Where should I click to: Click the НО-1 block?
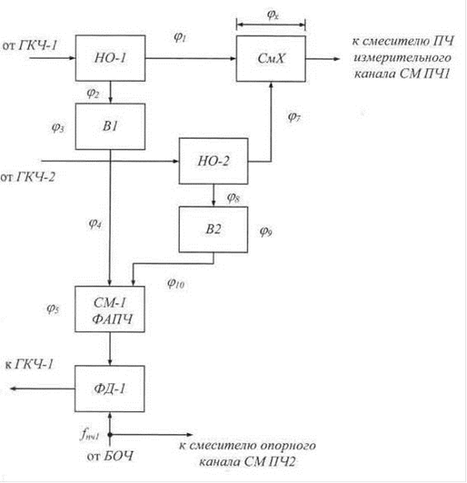point(111,58)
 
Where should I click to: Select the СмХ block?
point(271,59)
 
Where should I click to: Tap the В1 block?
point(111,126)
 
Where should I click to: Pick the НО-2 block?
point(214,161)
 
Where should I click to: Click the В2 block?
point(214,230)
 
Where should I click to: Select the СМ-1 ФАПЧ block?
point(110,309)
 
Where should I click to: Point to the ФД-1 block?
point(110,388)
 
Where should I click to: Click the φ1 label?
point(180,37)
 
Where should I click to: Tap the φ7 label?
point(294,116)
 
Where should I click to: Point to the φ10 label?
point(176,283)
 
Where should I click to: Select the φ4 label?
point(95,223)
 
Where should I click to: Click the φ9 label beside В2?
point(266,230)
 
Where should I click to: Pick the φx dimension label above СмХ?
point(273,14)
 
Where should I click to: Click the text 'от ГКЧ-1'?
point(30,45)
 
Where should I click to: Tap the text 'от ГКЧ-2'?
point(28,178)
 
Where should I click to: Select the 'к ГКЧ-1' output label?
point(29,364)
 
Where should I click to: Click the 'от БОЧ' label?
point(111,456)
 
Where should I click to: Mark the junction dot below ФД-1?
point(110,434)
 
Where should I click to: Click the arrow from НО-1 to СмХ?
point(191,59)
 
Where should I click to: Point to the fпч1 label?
point(90,434)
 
